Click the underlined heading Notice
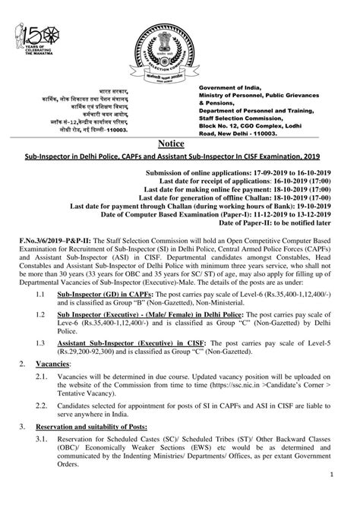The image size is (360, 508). [180, 142]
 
